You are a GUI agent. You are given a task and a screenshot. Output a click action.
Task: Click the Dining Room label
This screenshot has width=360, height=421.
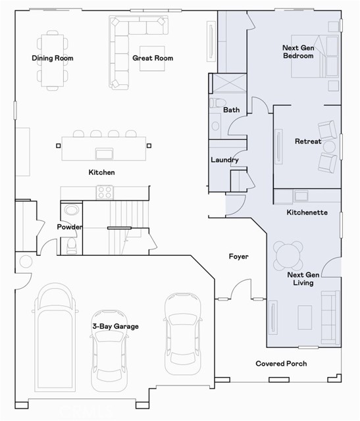(53, 58)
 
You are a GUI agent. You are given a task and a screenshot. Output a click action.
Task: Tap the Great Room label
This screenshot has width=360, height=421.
(153, 58)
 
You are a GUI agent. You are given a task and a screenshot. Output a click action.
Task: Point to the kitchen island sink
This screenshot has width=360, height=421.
(104, 153)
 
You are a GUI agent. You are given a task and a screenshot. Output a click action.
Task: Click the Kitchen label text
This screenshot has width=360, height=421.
(102, 172)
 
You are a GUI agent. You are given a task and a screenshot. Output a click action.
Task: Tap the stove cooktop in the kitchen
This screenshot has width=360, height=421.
(105, 192)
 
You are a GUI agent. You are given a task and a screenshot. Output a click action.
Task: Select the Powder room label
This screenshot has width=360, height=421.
(70, 227)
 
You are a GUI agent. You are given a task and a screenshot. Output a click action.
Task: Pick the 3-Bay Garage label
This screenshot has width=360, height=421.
(115, 326)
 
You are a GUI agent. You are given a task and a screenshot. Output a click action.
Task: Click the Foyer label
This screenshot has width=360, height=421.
(238, 257)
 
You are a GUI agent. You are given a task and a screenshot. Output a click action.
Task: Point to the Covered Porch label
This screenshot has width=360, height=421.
(281, 364)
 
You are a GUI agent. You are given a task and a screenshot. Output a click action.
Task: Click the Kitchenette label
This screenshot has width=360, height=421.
(307, 212)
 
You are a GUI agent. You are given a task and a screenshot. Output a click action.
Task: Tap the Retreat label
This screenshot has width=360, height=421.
(308, 141)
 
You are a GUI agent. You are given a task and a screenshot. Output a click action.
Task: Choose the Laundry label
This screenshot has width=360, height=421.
(224, 160)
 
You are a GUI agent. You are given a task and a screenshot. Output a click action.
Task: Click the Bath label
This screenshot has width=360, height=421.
(231, 110)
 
